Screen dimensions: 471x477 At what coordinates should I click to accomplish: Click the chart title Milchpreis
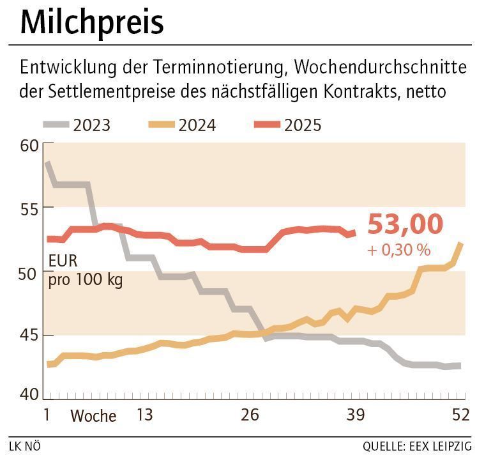tap(92, 23)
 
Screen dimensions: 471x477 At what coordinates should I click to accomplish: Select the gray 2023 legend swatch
tap(56, 125)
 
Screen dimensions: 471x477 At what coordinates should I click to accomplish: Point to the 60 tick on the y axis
tap(29, 146)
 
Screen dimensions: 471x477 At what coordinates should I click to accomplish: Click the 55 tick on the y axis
tap(29, 208)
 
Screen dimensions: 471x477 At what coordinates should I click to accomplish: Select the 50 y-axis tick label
tap(29, 273)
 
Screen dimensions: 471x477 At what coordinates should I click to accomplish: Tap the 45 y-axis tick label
tap(29, 336)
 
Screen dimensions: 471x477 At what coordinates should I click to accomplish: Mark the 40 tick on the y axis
tap(29, 394)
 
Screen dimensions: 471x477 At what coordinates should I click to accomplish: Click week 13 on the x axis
tap(145, 415)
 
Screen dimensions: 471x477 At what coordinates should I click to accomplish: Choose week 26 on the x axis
tap(250, 415)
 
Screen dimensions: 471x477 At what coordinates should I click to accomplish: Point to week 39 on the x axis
tap(355, 415)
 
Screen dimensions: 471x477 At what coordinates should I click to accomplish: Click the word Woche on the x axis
tap(93, 416)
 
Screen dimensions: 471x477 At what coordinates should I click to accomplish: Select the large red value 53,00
tap(405, 225)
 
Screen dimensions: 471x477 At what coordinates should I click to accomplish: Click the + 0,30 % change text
tap(398, 250)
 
